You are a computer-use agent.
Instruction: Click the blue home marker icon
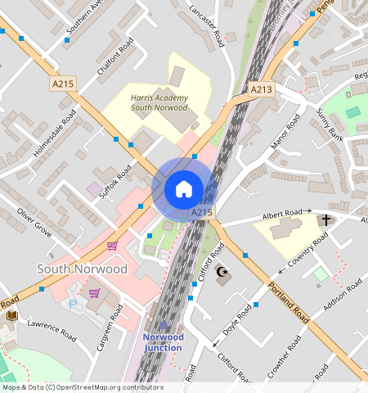pos(184,189)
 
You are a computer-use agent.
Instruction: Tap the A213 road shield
pos(261,89)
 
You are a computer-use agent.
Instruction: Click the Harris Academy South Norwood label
pos(159,102)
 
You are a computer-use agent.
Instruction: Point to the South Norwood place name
pos(83,269)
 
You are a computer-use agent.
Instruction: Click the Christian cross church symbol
pos(325,220)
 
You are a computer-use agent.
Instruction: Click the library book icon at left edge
pos(11,314)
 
